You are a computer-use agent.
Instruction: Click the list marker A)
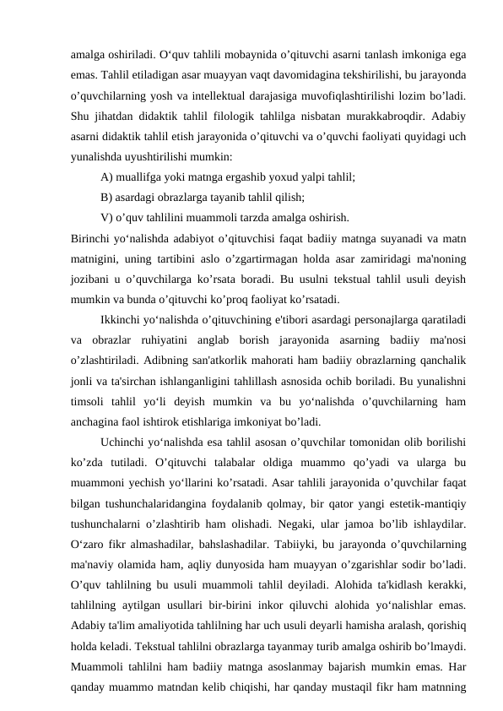coord(107,177)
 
